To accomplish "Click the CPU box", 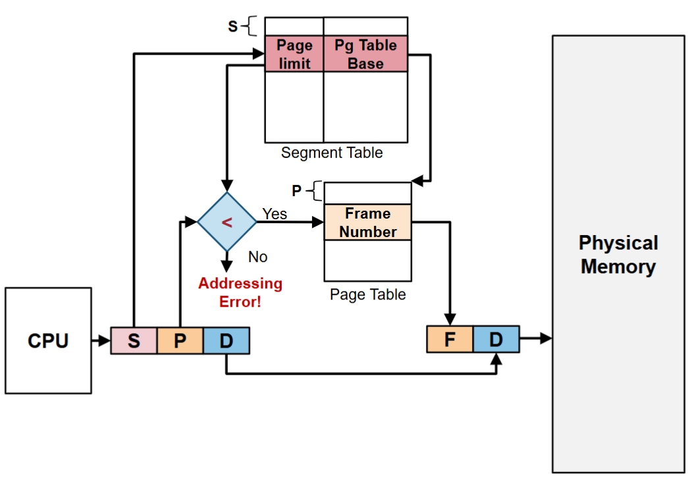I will coord(48,340).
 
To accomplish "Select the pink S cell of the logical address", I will coord(134,340).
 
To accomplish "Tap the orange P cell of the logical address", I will coord(180,340).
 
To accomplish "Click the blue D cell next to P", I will coord(226,340).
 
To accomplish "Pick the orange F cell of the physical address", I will coord(450,340).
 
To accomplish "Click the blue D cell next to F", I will coord(496,340).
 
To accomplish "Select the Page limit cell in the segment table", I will coord(294,54).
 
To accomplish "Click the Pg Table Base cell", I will coord(365,54).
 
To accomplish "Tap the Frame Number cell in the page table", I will coord(368,223).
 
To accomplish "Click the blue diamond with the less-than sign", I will coord(227,223).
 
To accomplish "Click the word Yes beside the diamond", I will coord(275,214).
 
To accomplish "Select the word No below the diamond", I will coord(258,257).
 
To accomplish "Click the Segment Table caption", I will coord(332,153).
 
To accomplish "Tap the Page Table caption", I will coord(368,294).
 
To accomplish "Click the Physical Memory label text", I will coord(618,255).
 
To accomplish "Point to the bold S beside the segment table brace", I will coord(232,27).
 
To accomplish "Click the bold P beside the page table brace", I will coord(297,191).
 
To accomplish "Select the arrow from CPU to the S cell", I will coord(101,340).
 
